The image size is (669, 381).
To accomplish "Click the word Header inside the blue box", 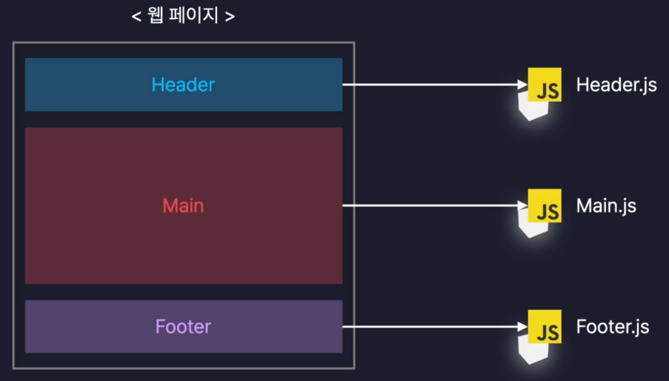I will coord(183,85).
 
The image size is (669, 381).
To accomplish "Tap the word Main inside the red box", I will coord(183,206).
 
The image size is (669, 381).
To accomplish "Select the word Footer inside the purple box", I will coord(183,327).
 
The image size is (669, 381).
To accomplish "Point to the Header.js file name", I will coord(616,85).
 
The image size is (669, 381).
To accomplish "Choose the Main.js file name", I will coord(606,206).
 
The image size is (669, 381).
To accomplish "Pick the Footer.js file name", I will coord(613,327).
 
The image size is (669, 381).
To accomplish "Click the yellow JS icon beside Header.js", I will coord(545,84).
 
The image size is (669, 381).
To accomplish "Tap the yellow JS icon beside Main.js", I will coord(545,205).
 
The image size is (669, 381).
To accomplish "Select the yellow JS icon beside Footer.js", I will coord(545,326).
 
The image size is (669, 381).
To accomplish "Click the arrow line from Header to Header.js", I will coord(429,84).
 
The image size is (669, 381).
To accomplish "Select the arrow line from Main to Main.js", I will coord(429,205).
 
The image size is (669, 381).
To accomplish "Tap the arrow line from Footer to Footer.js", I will coord(429,326).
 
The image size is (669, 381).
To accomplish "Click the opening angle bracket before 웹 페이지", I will coord(137,17).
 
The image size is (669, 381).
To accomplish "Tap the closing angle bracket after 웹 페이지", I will coord(230,17).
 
